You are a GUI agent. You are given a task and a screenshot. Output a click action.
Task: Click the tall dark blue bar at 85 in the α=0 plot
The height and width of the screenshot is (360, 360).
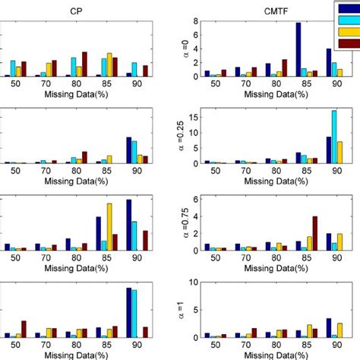pyautogui.click(x=298, y=50)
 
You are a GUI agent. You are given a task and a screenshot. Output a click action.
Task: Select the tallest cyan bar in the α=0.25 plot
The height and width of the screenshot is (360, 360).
pyautogui.click(x=334, y=137)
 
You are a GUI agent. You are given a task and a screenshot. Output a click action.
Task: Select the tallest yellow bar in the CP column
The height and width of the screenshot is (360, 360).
pyautogui.click(x=109, y=227)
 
